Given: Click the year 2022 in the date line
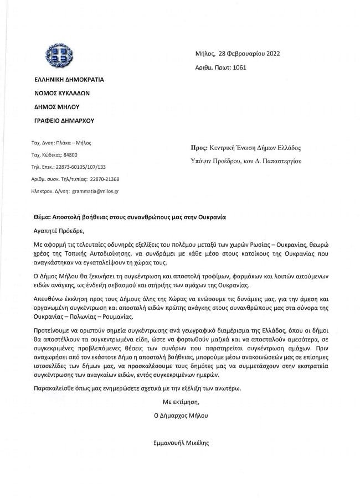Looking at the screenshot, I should [271, 54].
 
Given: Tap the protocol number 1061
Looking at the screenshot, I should [239, 68].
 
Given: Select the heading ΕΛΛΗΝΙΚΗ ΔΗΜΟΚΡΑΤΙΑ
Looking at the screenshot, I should [69, 79].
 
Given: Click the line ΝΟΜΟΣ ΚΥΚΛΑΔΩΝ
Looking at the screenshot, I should [61, 93].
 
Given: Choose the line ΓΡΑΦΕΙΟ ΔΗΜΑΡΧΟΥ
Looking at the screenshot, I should [64, 120].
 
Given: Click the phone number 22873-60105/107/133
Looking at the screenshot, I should [81, 167].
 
